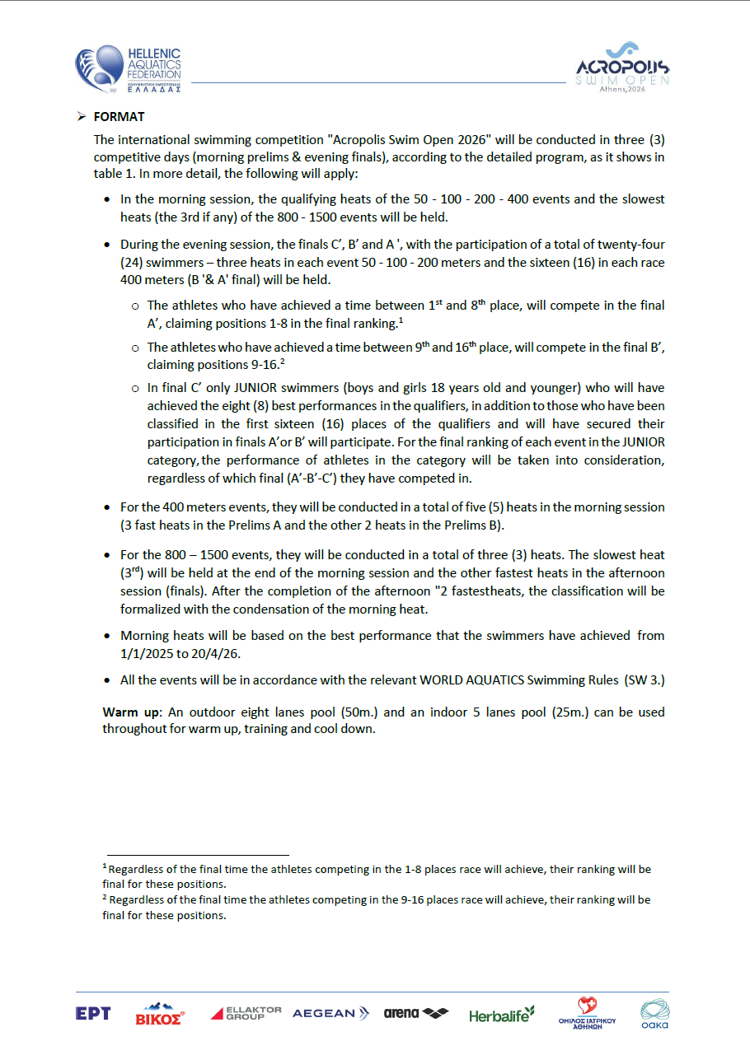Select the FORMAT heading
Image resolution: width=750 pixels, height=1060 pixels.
click(120, 118)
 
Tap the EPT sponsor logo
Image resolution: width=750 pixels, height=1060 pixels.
click(93, 1014)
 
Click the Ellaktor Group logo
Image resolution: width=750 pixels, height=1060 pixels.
click(246, 1013)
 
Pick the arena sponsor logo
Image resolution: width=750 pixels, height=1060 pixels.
click(416, 1013)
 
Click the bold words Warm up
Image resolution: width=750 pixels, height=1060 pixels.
click(129, 712)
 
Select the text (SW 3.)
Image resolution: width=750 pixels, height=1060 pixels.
click(645, 680)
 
